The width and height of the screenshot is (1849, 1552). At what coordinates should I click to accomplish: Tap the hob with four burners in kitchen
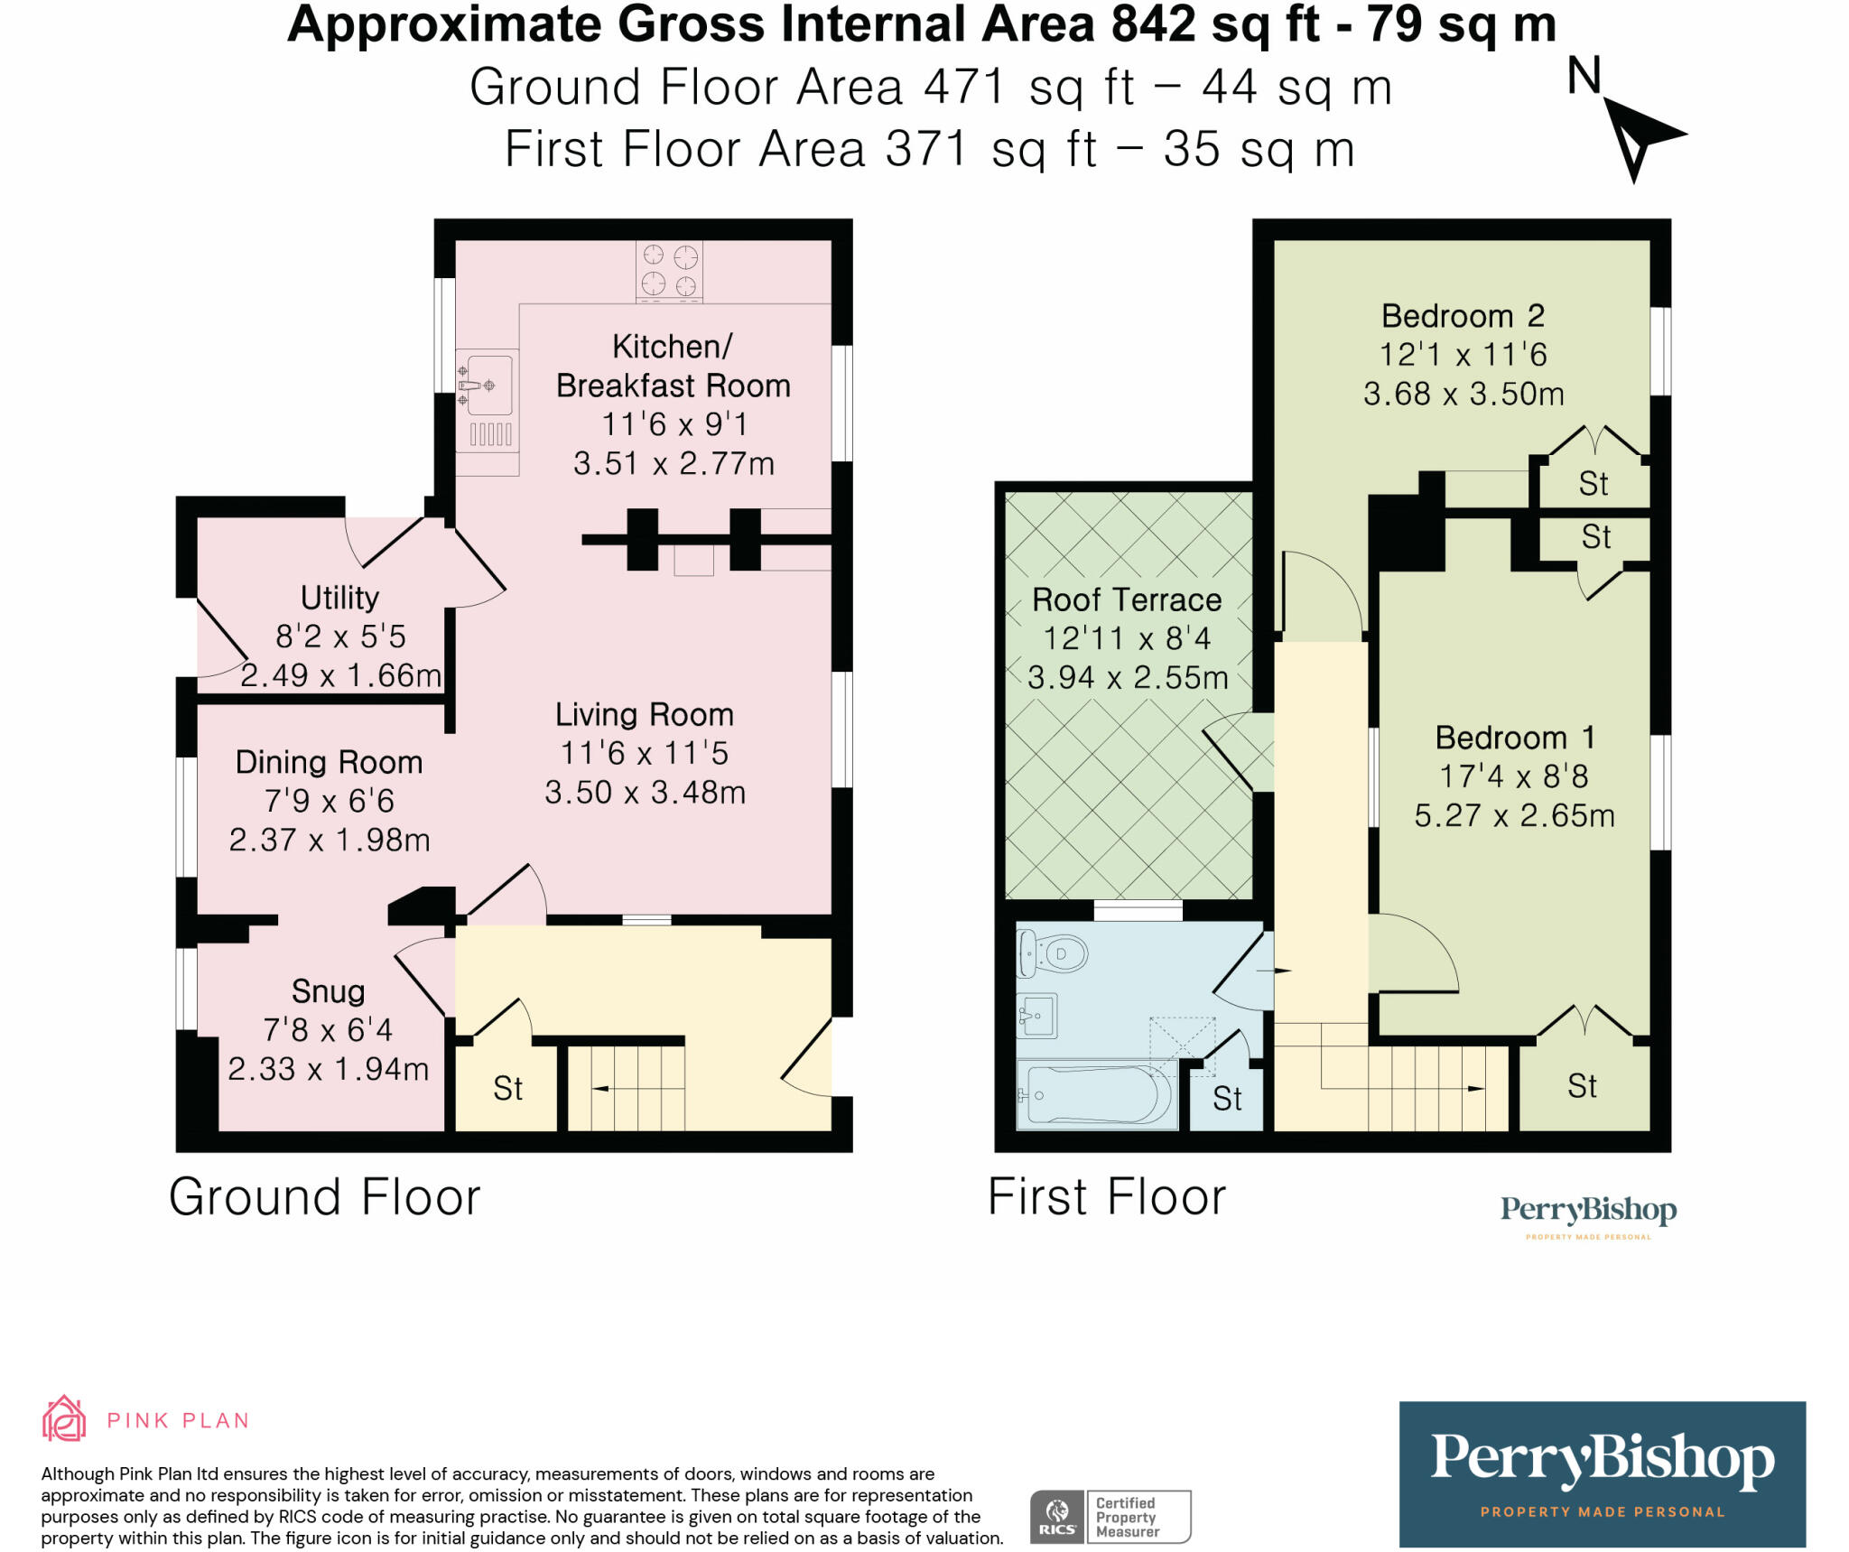tap(669, 270)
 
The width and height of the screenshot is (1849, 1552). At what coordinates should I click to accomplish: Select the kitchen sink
tap(488, 386)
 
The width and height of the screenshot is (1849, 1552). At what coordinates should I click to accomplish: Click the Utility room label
tap(339, 598)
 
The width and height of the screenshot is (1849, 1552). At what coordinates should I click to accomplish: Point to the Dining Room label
tap(329, 762)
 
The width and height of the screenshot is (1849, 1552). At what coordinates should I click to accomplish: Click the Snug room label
tap(328, 991)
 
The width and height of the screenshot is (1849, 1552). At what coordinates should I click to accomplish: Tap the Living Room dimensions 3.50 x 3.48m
tap(645, 793)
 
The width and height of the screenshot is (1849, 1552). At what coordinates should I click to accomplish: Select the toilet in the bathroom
tap(1053, 953)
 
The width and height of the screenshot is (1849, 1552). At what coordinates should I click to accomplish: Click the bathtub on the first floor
tap(1096, 1095)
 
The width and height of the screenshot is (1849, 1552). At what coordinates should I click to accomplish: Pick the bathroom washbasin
tap(1036, 1017)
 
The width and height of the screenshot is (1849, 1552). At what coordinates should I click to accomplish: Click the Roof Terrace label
tap(1126, 599)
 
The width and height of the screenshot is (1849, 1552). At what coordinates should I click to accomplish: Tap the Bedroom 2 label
tap(1463, 316)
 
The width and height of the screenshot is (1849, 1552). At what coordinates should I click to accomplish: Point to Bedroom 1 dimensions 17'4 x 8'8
tap(1513, 776)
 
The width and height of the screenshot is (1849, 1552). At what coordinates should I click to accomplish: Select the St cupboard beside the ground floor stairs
tap(507, 1089)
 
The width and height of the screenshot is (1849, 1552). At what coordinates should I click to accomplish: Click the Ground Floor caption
tap(325, 1197)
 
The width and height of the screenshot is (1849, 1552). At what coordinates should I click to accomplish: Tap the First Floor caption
tap(1107, 1197)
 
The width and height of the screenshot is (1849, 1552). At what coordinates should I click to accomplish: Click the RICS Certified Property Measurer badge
tap(1110, 1517)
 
